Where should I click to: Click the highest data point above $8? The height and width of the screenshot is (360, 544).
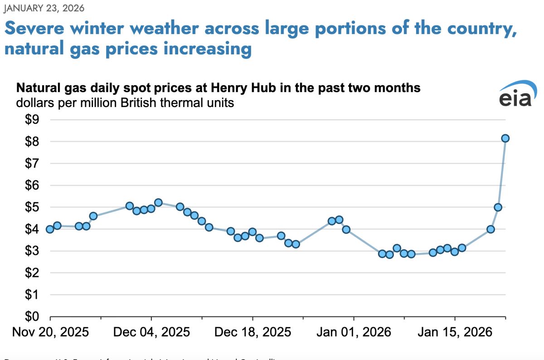[505, 138]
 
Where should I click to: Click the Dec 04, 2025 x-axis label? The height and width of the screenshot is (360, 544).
[151, 332]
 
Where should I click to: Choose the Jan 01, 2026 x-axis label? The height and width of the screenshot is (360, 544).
[354, 332]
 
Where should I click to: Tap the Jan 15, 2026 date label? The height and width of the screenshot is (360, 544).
[455, 332]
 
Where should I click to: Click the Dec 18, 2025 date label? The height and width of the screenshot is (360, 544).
[253, 332]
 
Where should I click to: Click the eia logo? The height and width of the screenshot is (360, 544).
[515, 94]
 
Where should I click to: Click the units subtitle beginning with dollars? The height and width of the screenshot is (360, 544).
[125, 102]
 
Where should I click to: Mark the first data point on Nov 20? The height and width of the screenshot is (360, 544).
[50, 229]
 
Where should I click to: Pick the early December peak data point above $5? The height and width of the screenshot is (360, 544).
[158, 203]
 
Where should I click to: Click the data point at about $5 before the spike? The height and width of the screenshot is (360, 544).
[498, 207]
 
